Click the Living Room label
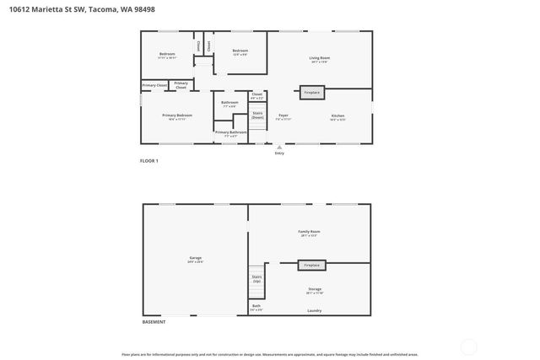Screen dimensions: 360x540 (318, 58)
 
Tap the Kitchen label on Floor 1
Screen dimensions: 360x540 (337, 116)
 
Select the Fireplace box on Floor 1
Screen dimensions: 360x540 (312, 92)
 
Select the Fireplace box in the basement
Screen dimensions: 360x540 (312, 265)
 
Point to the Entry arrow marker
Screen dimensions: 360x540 (279, 147)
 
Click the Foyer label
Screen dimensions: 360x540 (283, 116)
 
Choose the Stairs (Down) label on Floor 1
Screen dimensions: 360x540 (257, 116)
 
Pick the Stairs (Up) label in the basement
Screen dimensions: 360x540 (256, 278)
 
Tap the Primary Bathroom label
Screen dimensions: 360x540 (230, 132)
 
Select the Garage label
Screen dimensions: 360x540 (195, 259)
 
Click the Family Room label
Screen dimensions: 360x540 (309, 232)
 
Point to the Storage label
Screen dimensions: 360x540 (314, 289)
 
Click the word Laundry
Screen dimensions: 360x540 (314, 310)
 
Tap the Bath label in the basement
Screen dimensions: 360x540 (256, 306)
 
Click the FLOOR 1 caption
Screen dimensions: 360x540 (148, 160)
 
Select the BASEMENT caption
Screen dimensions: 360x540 (153, 322)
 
